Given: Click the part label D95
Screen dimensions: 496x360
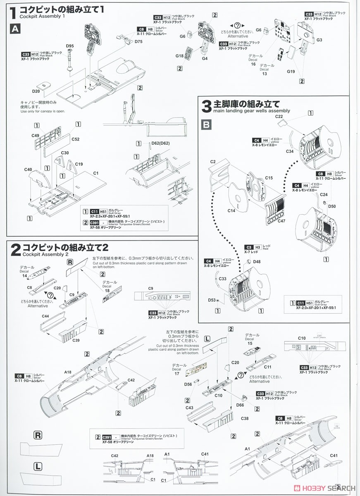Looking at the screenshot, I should (69, 45).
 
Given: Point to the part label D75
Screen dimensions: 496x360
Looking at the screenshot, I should (138, 41).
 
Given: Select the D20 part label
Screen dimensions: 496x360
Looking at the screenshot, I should (36, 91).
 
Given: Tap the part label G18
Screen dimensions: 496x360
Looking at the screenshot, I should (179, 56).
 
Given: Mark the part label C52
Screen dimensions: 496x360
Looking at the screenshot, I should (75, 139).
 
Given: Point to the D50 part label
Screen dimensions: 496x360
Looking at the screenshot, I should (331, 206).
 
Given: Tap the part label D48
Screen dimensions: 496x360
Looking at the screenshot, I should (257, 262).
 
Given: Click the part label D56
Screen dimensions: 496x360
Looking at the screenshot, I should (188, 384).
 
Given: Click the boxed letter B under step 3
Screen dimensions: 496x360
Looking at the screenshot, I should (207, 124).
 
